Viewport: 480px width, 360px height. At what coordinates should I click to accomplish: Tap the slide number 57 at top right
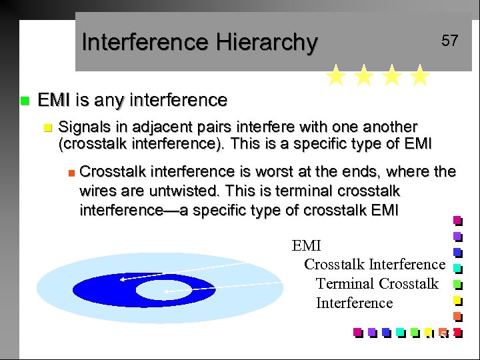pyautogui.click(x=450, y=41)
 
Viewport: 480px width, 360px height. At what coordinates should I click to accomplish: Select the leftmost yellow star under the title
pyautogui.click(x=336, y=76)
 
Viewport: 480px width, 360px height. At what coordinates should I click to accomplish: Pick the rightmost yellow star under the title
pyautogui.click(x=419, y=76)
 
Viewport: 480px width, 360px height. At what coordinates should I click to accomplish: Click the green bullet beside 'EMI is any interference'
pyautogui.click(x=25, y=101)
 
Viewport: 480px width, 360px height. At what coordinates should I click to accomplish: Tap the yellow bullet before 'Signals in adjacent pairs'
pyautogui.click(x=46, y=127)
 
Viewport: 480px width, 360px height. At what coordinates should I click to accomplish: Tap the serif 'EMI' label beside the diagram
pyautogui.click(x=306, y=246)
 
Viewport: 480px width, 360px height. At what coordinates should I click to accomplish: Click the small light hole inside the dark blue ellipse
pyautogui.click(x=157, y=290)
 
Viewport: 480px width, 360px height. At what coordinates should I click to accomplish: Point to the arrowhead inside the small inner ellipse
pyautogui.click(x=167, y=291)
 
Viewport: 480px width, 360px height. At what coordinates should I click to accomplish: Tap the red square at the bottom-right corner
pyautogui.click(x=457, y=331)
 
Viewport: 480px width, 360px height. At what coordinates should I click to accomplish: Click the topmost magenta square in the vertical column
pyautogui.click(x=457, y=220)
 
